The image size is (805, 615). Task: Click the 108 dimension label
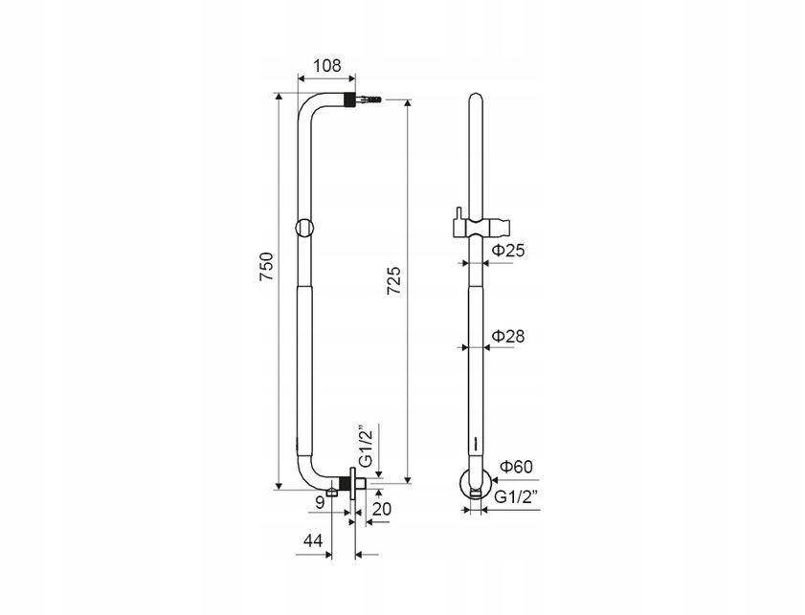point(327,66)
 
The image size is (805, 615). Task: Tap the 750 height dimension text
point(267,266)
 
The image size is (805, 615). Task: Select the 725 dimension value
point(393,280)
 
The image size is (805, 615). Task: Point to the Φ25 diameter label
point(509,251)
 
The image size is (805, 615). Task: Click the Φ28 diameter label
point(509,336)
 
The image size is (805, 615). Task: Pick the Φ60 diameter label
point(517,467)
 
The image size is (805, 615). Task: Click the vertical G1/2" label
point(365,445)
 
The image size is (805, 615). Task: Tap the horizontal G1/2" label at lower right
point(516,497)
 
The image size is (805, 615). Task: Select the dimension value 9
point(320,503)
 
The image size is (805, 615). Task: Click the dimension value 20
point(382,509)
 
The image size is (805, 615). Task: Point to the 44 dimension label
point(313,540)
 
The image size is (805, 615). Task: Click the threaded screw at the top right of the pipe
point(368,99)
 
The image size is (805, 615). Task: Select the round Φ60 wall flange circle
point(476,483)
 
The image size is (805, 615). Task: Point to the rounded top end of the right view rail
point(476,99)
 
